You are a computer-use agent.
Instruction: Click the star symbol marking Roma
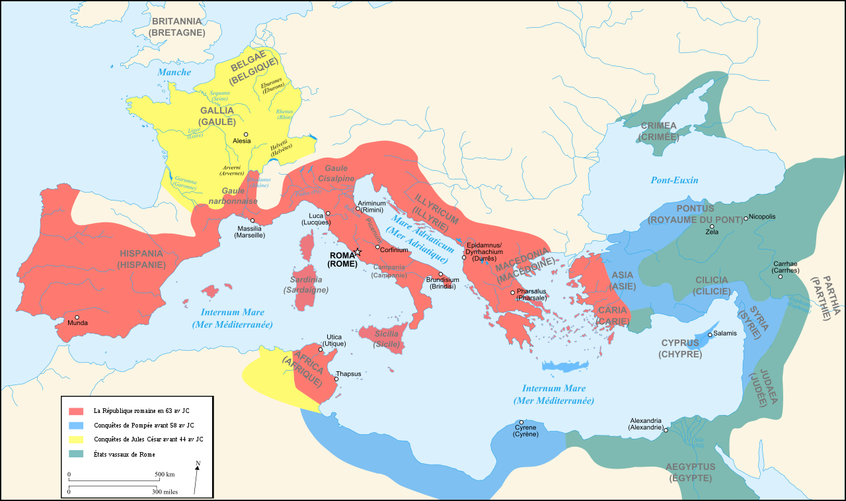pyautogui.click(x=358, y=252)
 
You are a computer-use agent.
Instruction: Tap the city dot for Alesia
pyautogui.click(x=246, y=134)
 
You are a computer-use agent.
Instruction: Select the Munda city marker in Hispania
pyautogui.click(x=77, y=317)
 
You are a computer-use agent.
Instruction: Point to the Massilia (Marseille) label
pyautogui.click(x=250, y=232)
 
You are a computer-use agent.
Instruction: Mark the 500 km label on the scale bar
pyautogui.click(x=165, y=475)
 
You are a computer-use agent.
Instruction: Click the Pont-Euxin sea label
pyautogui.click(x=674, y=180)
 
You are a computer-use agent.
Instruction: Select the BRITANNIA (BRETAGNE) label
pyautogui.click(x=177, y=26)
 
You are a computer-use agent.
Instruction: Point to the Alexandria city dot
pyautogui.click(x=666, y=430)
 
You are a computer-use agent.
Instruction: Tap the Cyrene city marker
pyautogui.click(x=521, y=422)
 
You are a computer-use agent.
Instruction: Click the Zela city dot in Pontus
pyautogui.click(x=712, y=226)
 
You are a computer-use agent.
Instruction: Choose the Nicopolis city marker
pyautogui.click(x=746, y=218)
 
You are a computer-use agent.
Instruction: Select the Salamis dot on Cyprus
pyautogui.click(x=710, y=334)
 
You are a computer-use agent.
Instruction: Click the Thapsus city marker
pyautogui.click(x=336, y=379)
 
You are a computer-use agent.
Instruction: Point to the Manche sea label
pyautogui.click(x=174, y=72)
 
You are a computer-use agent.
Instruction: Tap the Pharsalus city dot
pyautogui.click(x=512, y=292)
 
